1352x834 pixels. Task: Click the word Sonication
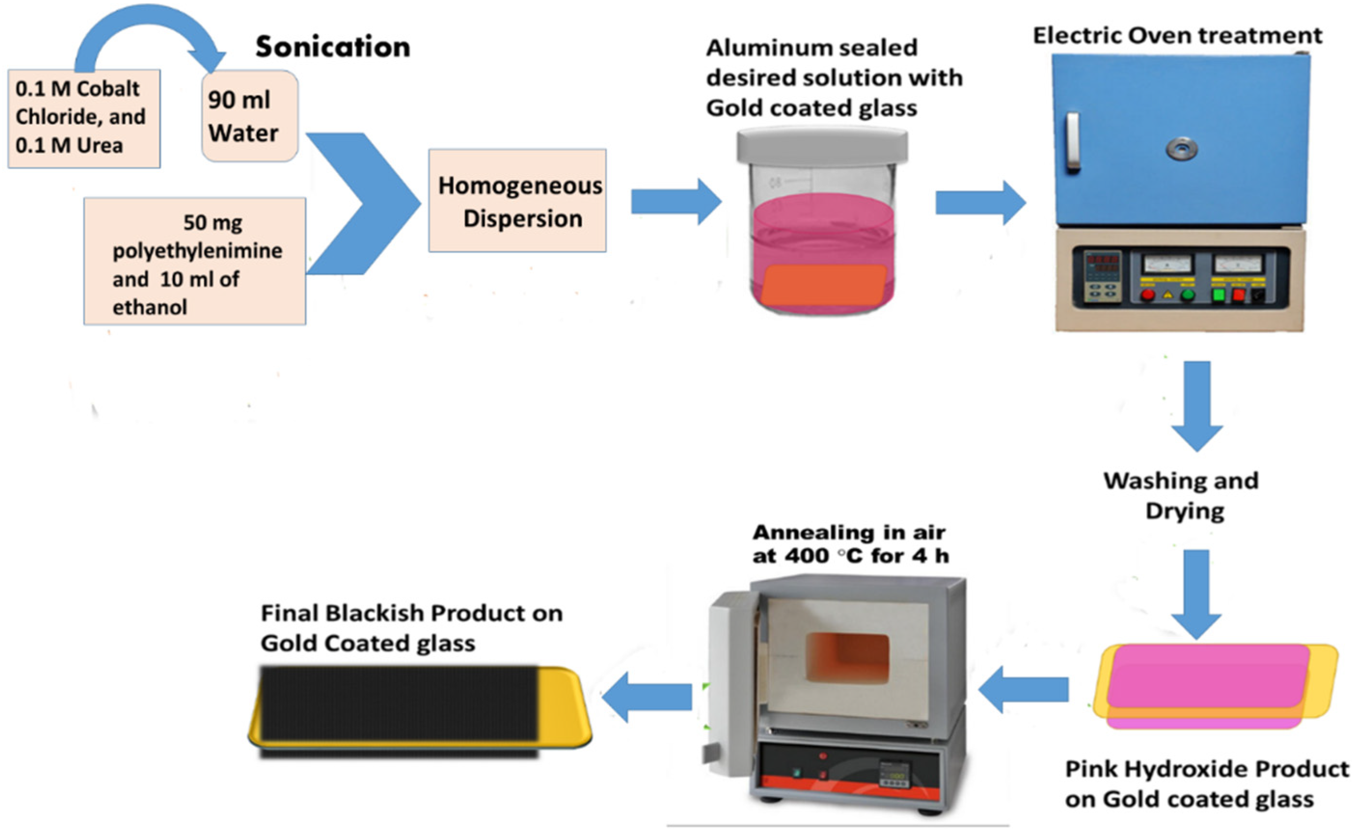coord(333,47)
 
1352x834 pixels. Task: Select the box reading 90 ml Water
coord(249,117)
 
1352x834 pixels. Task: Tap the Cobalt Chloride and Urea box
coord(84,118)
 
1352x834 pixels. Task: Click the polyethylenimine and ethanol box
coord(194,262)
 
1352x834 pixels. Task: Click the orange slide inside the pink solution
coord(824,284)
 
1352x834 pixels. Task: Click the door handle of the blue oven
coord(1072,141)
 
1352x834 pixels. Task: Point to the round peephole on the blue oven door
coord(1181,148)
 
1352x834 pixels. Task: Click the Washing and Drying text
coord(1181,495)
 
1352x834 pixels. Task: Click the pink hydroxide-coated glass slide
coord(1208,678)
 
